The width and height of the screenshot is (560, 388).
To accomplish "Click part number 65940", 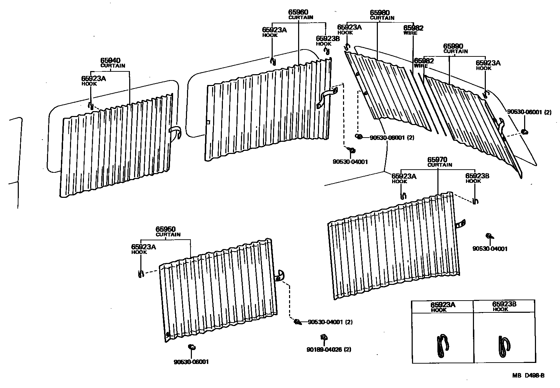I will click(110, 61).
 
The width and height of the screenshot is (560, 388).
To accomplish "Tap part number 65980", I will click(380, 13).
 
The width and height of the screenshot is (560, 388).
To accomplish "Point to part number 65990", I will click(453, 46).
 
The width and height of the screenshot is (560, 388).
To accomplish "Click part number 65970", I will click(438, 160).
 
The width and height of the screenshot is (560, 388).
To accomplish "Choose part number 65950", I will click(165, 229).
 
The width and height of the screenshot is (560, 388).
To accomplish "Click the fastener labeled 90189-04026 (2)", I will click(324, 337).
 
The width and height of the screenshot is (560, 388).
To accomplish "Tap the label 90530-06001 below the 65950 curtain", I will click(191, 362).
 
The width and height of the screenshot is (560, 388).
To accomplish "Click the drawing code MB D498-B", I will click(528, 375).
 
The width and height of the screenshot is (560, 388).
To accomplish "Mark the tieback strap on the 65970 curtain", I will click(461, 224).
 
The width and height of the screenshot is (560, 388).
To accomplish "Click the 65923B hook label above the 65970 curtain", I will click(477, 176).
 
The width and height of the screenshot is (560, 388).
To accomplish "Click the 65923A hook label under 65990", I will click(488, 63).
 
